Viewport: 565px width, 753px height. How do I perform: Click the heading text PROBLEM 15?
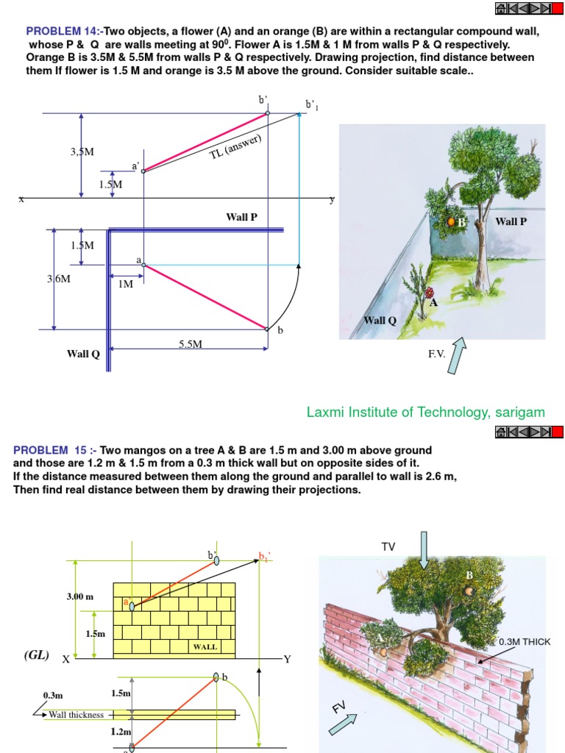pyautogui.click(x=50, y=450)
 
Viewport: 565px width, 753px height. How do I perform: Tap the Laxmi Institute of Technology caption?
pyautogui.click(x=426, y=413)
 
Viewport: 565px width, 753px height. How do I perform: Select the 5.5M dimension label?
pyautogui.click(x=191, y=343)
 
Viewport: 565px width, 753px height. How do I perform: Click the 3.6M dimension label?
pyautogui.click(x=60, y=279)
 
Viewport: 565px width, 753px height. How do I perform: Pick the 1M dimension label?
pyautogui.click(x=126, y=283)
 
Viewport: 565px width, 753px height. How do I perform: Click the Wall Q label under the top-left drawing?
pyautogui.click(x=83, y=354)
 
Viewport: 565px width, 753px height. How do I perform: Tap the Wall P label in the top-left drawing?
pyautogui.click(x=241, y=217)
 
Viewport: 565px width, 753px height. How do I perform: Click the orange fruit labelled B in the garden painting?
pyautogui.click(x=452, y=221)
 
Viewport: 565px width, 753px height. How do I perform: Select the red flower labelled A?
pyautogui.click(x=430, y=293)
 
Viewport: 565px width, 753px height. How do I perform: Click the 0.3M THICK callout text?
pyautogui.click(x=525, y=642)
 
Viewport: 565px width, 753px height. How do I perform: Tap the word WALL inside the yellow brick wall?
pyautogui.click(x=205, y=647)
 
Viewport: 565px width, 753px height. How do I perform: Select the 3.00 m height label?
pyautogui.click(x=80, y=596)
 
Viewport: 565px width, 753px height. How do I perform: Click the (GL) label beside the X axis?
pyautogui.click(x=35, y=655)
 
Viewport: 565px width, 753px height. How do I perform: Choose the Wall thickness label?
pyautogui.click(x=76, y=714)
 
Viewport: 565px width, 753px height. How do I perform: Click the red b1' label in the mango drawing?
pyautogui.click(x=264, y=556)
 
